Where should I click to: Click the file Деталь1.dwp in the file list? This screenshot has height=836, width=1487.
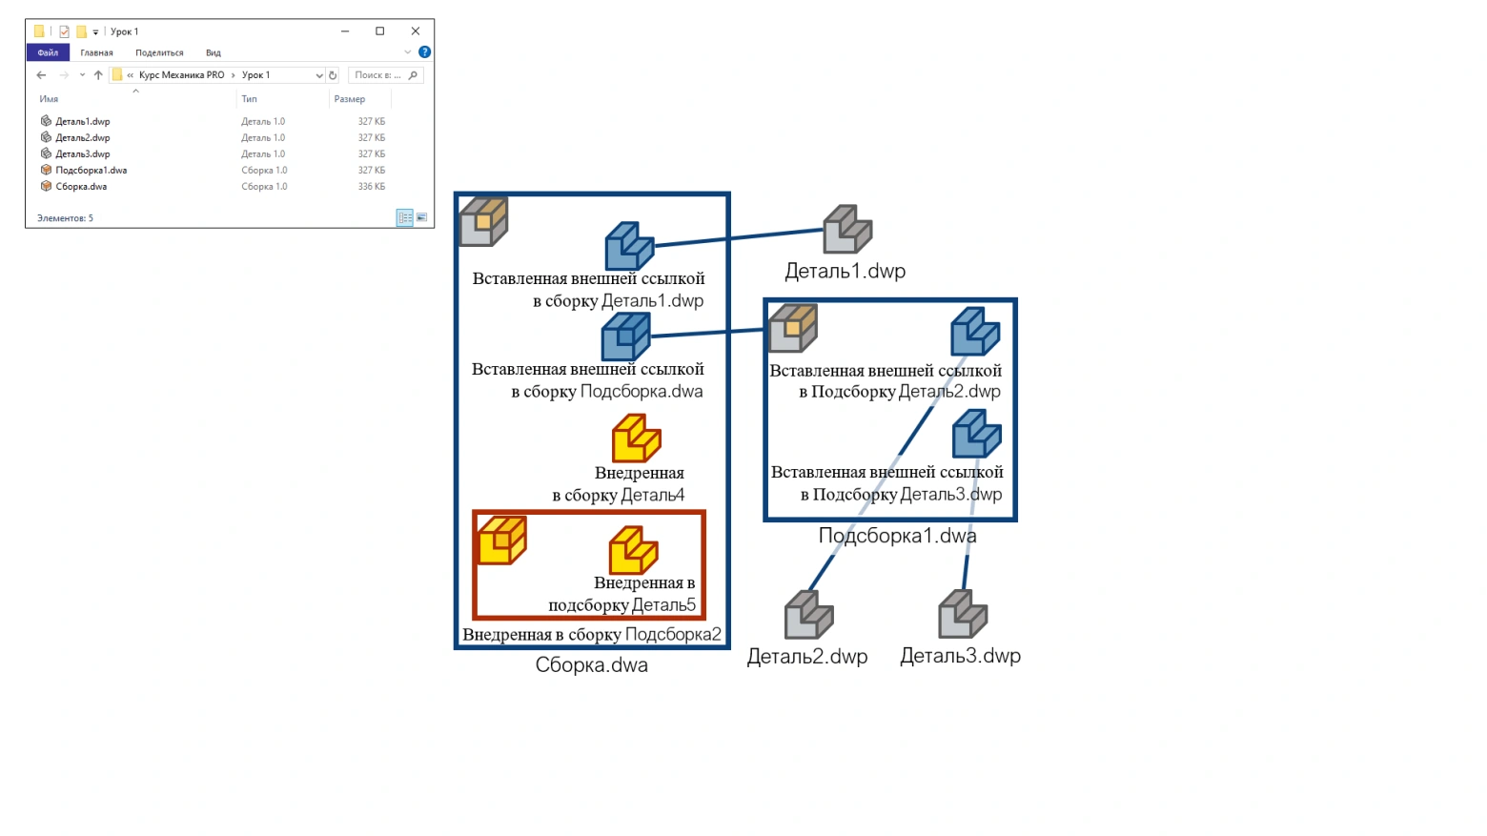point(82,122)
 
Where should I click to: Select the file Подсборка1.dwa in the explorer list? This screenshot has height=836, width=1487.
point(91,171)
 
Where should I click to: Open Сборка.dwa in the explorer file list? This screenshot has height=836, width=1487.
point(81,187)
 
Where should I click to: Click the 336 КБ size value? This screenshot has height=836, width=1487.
point(372,187)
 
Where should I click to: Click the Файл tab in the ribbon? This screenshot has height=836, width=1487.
point(48,52)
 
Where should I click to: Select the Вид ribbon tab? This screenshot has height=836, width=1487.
point(214,52)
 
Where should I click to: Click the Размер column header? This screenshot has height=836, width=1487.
point(350,99)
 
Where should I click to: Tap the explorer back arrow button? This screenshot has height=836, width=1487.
point(41,75)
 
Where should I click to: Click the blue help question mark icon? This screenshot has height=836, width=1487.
point(424,52)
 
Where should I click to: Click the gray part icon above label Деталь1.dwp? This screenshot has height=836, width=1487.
point(847,230)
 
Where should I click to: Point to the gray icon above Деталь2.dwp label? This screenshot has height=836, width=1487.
point(808,615)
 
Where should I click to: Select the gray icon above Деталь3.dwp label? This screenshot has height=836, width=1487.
point(962,615)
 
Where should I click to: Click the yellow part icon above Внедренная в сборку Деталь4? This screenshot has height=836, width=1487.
point(636,438)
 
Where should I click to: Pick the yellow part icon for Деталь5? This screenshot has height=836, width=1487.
point(633,550)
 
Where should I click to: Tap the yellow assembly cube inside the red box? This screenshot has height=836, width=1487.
point(501,540)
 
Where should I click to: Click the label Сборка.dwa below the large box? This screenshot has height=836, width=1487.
point(591,665)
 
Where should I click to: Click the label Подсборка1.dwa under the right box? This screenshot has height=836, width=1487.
point(897,536)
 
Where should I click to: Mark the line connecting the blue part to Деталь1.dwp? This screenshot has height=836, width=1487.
point(739,238)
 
